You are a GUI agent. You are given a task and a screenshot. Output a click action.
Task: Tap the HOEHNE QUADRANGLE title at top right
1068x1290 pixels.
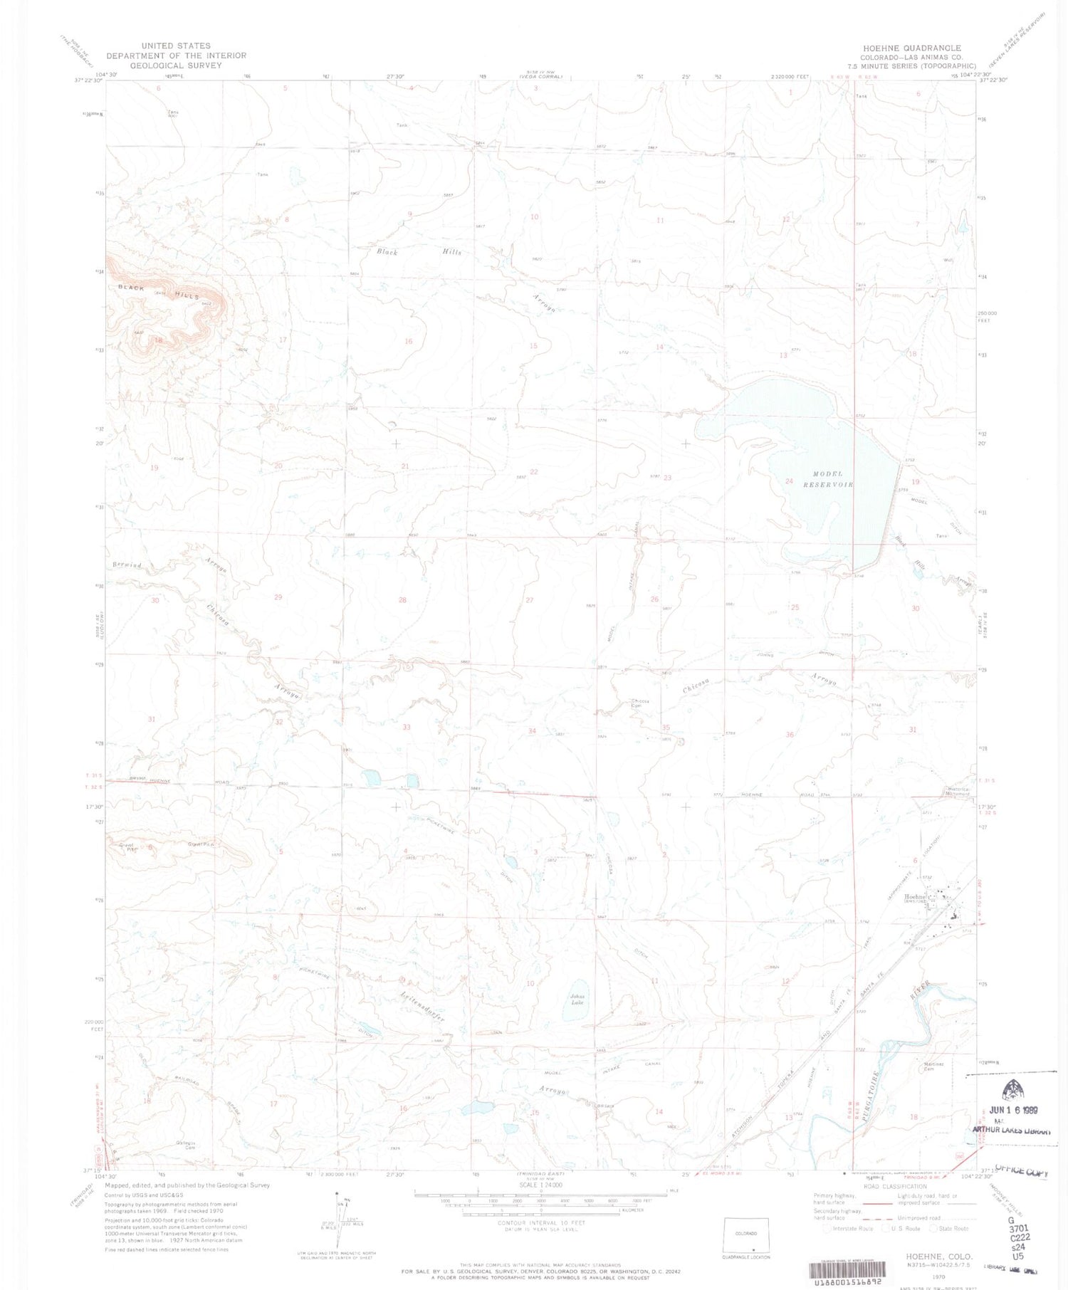(901, 48)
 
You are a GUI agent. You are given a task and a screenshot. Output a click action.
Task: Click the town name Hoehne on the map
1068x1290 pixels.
(917, 896)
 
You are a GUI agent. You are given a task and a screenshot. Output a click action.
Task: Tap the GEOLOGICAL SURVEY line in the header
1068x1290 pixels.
(175, 65)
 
